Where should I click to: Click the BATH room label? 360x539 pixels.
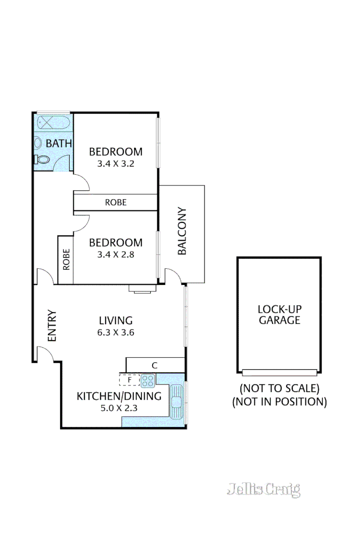coord(59,143)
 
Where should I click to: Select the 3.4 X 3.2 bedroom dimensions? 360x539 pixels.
coord(116,164)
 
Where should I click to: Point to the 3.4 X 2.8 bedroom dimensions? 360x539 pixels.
coord(116,255)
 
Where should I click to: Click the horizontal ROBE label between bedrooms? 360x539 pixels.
coord(116,203)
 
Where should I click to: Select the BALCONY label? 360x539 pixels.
coord(182,231)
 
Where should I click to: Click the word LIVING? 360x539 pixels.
coord(116,320)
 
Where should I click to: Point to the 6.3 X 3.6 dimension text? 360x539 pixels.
coord(116,332)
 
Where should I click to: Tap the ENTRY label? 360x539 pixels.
coord(52,326)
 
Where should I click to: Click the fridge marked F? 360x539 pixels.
coord(129,379)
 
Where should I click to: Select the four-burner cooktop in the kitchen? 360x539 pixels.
coord(148,380)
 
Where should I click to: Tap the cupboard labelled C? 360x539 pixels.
coord(155,365)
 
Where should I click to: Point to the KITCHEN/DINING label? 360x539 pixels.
coord(119,396)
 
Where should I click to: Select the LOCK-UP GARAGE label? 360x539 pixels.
coord(279,314)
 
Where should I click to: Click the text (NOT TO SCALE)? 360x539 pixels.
coord(279,389)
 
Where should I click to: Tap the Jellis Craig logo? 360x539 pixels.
coord(263,489)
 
